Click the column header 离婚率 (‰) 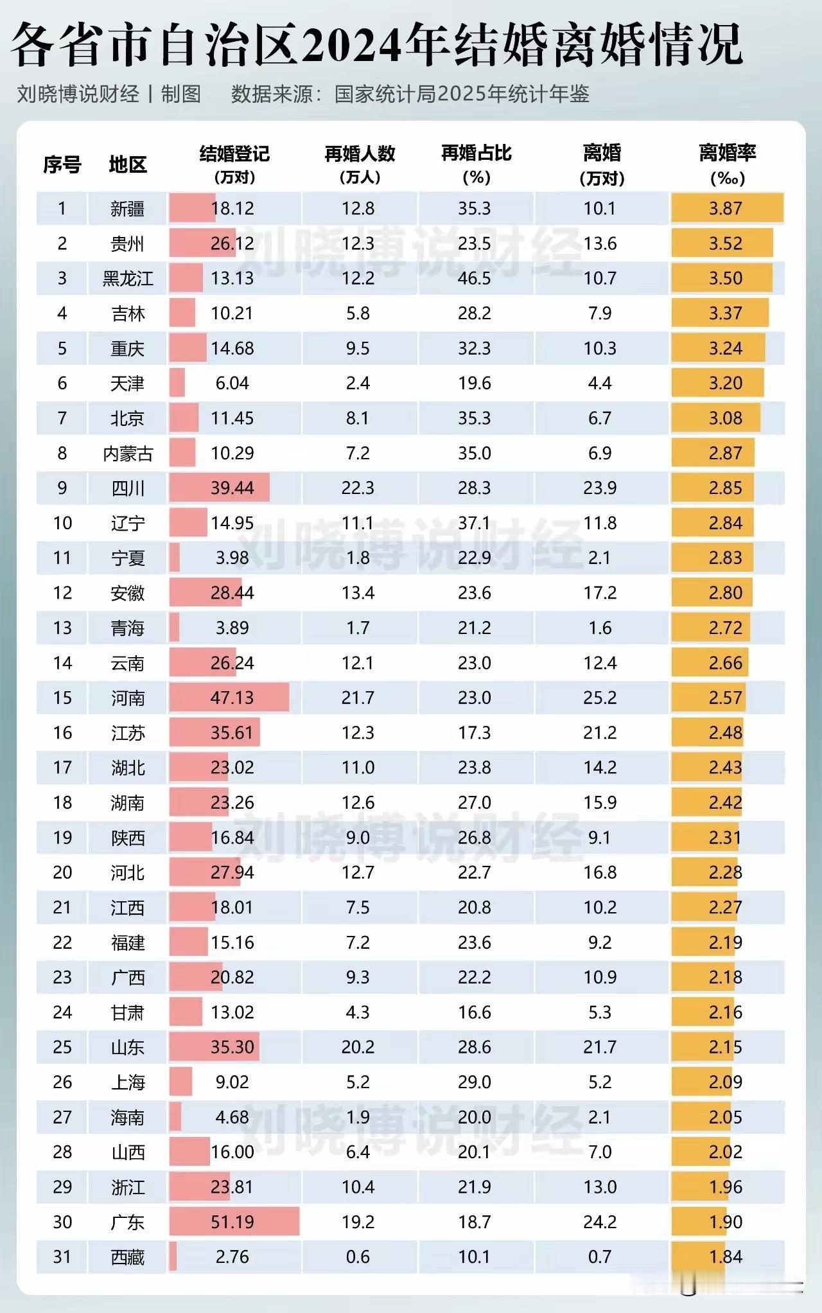pyautogui.click(x=727, y=164)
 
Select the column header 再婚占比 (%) pyautogui.click(x=476, y=164)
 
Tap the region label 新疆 pyautogui.click(x=127, y=209)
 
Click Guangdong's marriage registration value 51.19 pyautogui.click(x=232, y=1222)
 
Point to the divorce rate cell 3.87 pyautogui.click(x=726, y=209)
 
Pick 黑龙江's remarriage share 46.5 pyautogui.click(x=475, y=279)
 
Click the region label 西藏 pyautogui.click(x=127, y=1257)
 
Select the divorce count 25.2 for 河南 pyautogui.click(x=600, y=698)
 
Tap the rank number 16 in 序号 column pyautogui.click(x=62, y=733)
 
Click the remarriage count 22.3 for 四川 pyautogui.click(x=358, y=488)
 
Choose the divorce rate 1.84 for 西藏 pyautogui.click(x=726, y=1257)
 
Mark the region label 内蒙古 pyautogui.click(x=127, y=454)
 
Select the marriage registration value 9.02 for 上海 pyautogui.click(x=232, y=1082)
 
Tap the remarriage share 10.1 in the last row pyautogui.click(x=475, y=1257)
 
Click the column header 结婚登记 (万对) pyautogui.click(x=234, y=164)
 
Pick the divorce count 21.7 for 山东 pyautogui.click(x=600, y=1047)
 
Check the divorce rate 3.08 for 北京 pyautogui.click(x=726, y=418)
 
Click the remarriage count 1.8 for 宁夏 pyautogui.click(x=358, y=558)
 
